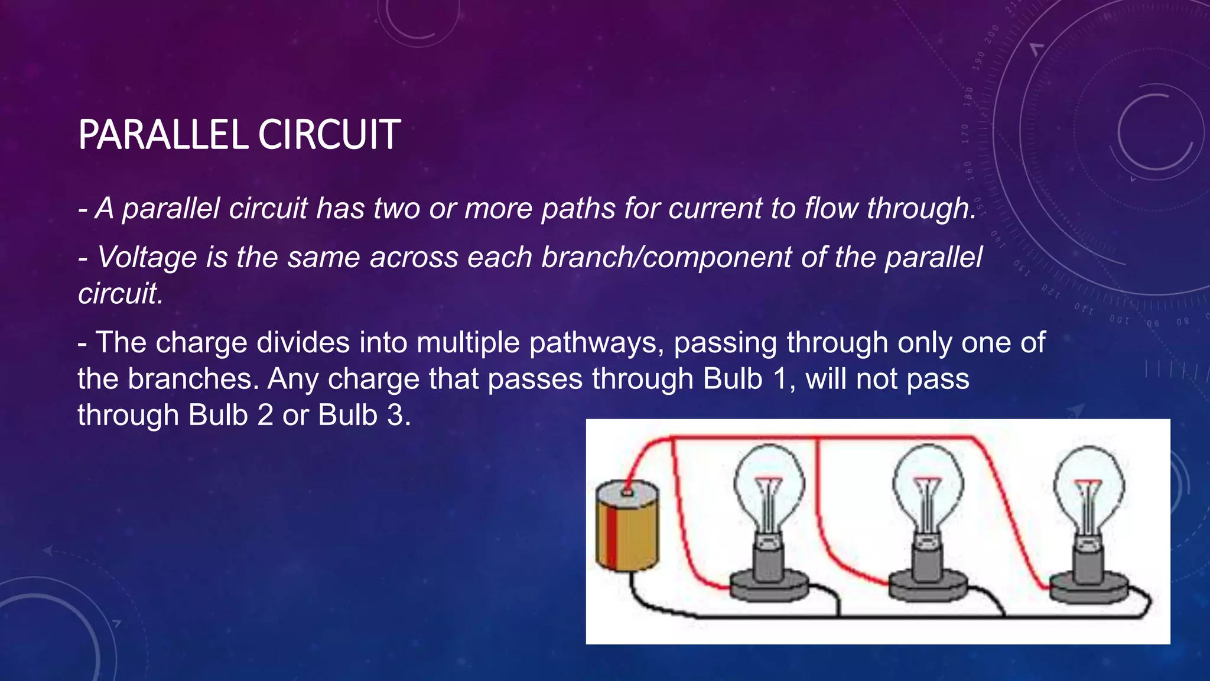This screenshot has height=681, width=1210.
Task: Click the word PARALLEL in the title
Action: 163,135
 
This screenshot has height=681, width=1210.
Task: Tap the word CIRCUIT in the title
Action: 329,135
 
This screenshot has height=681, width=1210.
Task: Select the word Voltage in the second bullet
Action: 147,257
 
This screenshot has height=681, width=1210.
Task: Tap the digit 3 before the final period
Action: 395,415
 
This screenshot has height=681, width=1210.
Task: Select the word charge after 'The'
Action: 201,343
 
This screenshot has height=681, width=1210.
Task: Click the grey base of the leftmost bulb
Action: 769,585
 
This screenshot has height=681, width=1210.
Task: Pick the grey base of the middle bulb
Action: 928,585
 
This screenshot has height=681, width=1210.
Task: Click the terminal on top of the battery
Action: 627,491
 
